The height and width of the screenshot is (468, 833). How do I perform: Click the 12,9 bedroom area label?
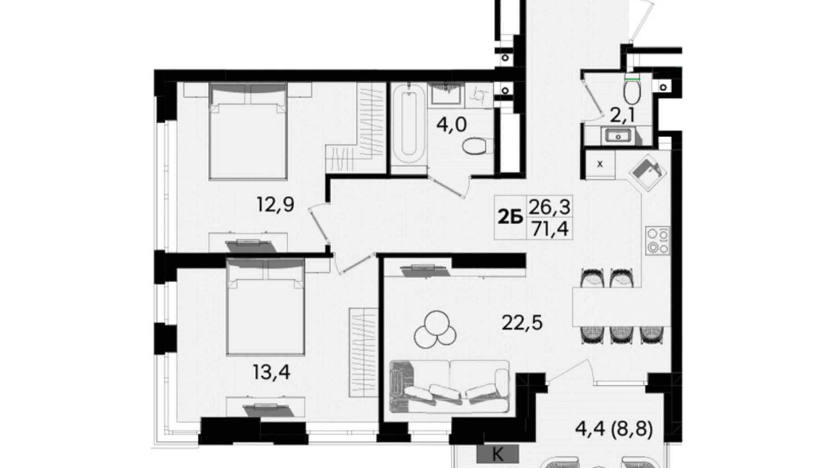[276, 205]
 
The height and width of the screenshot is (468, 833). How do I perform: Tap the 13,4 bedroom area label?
[272, 372]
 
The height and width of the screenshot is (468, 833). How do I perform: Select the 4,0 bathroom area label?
[451, 124]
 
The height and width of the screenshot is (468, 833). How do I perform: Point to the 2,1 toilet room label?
[622, 116]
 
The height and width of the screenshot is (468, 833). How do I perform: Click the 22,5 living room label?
[522, 323]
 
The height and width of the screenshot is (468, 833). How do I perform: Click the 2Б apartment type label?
[510, 218]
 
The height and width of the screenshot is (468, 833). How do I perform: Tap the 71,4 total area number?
[550, 229]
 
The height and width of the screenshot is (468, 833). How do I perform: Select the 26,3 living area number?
[550, 207]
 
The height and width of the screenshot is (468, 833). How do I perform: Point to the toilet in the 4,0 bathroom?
[477, 146]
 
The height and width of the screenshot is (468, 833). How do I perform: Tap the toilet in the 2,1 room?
[632, 92]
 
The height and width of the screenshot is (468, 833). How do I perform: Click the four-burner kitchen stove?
[657, 241]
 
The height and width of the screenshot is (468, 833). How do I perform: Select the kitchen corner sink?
[647, 170]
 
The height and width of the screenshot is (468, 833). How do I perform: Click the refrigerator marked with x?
[600, 164]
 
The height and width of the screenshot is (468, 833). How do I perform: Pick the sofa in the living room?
[449, 387]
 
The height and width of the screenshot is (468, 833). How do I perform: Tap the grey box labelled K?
[498, 454]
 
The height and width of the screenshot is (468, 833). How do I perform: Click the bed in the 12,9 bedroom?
[248, 131]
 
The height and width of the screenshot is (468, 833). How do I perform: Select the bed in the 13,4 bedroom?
[266, 306]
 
